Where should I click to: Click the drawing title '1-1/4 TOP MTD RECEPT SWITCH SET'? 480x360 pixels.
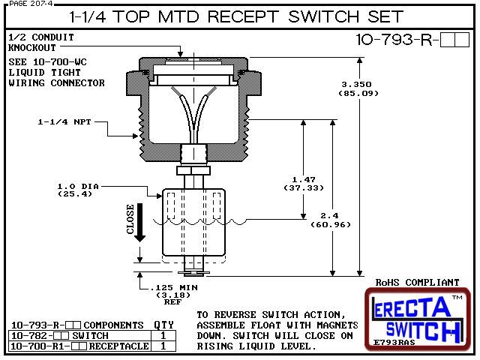[239, 16]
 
